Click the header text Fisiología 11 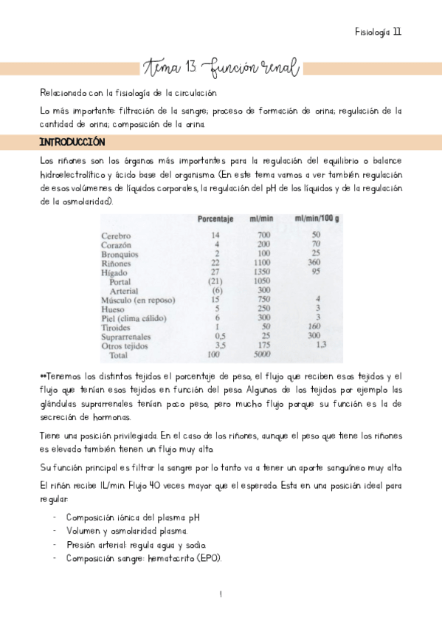pos(377,32)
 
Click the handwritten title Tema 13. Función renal pos(221,69)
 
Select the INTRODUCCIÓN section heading pos(72,142)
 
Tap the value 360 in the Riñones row pos(314,263)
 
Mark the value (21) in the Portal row pos(215,281)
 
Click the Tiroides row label pos(118,326)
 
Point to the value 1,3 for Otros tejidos pos(320,344)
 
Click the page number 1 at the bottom pos(221,594)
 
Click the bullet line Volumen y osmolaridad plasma pos(126,531)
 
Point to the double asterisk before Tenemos pos(43,376)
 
